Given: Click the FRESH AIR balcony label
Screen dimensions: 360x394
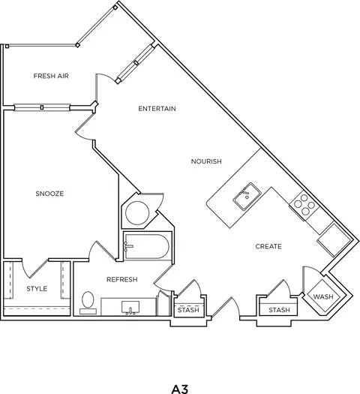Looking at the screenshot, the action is click(x=51, y=76).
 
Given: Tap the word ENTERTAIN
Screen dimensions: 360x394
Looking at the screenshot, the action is click(x=157, y=109).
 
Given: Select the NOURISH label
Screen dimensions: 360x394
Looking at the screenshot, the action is click(x=206, y=161).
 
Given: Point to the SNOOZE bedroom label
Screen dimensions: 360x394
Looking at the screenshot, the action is click(x=49, y=194).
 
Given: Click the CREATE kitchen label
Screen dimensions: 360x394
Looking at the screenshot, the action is click(x=268, y=246).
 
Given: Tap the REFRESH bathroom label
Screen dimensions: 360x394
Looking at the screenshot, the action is click(x=122, y=279).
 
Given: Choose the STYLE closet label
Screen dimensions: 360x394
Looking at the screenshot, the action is click(x=37, y=288).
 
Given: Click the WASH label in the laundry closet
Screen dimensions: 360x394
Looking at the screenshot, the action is click(x=323, y=296).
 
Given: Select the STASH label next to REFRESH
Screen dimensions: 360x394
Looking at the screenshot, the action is click(x=188, y=310).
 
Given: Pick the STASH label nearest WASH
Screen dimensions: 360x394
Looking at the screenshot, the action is click(x=279, y=310).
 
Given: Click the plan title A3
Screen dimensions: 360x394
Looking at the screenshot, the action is click(x=180, y=389).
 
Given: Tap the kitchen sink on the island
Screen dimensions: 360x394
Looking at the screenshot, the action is click(x=247, y=197).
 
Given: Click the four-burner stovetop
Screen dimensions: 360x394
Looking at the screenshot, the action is click(x=304, y=205).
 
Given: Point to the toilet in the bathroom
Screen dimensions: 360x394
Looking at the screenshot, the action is click(x=88, y=302).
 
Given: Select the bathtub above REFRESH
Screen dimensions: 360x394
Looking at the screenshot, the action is click(x=147, y=246).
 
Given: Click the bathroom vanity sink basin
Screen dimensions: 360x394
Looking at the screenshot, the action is click(x=130, y=307).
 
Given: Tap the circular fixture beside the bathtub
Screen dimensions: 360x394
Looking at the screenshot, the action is click(x=137, y=213).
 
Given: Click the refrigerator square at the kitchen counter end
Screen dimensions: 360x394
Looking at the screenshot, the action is click(x=334, y=240).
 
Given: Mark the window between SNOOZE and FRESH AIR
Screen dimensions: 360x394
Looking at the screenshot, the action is click(x=42, y=107).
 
